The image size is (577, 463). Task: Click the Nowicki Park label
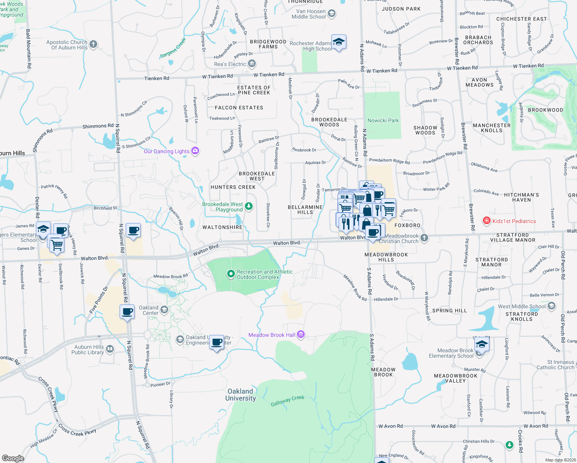click(383, 120)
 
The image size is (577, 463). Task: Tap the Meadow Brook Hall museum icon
click(301, 335)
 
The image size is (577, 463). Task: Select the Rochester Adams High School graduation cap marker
click(339, 42)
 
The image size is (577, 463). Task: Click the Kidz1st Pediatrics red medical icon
click(487, 221)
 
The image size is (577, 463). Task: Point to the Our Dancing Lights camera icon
click(195, 151)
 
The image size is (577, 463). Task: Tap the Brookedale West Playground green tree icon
click(249, 206)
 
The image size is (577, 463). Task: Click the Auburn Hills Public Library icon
click(110, 350)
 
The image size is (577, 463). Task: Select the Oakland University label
click(240, 395)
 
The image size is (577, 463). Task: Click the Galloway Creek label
click(287, 401)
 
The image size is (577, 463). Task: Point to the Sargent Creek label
click(173, 49)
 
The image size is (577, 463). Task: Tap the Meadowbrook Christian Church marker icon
click(424, 238)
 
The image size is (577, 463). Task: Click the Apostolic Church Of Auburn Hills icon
click(93, 44)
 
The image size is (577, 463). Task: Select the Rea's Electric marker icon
click(252, 63)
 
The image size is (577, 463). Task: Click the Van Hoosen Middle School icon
click(331, 14)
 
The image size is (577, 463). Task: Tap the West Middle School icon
click(552, 306)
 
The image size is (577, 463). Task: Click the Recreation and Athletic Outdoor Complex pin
click(231, 274)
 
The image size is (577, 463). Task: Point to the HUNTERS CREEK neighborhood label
click(233, 187)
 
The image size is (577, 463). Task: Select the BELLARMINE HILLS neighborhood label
click(305, 210)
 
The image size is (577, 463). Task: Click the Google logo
click(13, 458)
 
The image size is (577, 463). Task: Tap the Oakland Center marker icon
click(164, 310)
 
